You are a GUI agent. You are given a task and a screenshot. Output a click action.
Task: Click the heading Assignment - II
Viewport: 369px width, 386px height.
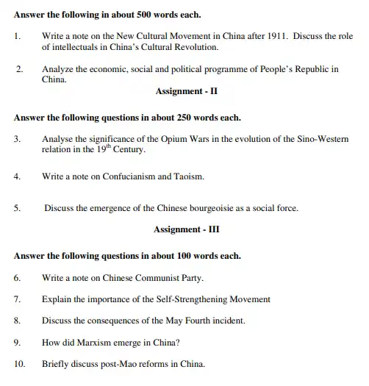coord(185,92)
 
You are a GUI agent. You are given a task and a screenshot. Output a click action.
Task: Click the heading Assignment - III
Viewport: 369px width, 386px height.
coord(186,229)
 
